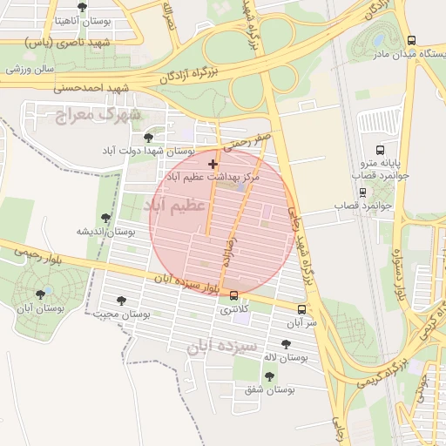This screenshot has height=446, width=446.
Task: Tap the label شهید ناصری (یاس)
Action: (x=80, y=42)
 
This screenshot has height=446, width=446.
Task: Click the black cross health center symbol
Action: (x=213, y=164)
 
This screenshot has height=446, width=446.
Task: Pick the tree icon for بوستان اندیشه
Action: (x=105, y=218)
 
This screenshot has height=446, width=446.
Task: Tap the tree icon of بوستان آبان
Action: (x=41, y=295)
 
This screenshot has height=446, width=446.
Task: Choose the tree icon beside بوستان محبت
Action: (x=121, y=301)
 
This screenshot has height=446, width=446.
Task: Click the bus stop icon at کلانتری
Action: (x=233, y=295)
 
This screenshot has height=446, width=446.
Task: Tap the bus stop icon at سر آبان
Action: (x=301, y=309)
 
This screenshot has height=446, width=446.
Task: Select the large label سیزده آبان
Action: (x=221, y=347)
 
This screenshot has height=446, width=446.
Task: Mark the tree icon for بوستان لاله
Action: (x=286, y=344)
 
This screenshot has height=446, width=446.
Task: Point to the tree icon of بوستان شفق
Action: (x=268, y=376)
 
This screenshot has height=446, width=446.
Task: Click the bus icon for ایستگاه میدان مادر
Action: (x=411, y=39)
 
